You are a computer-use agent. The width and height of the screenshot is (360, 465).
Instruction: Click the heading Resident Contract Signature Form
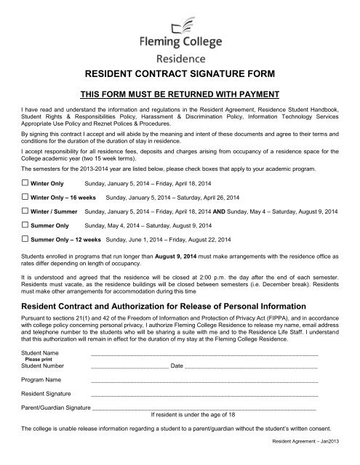pyautogui.click(x=180, y=73)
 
